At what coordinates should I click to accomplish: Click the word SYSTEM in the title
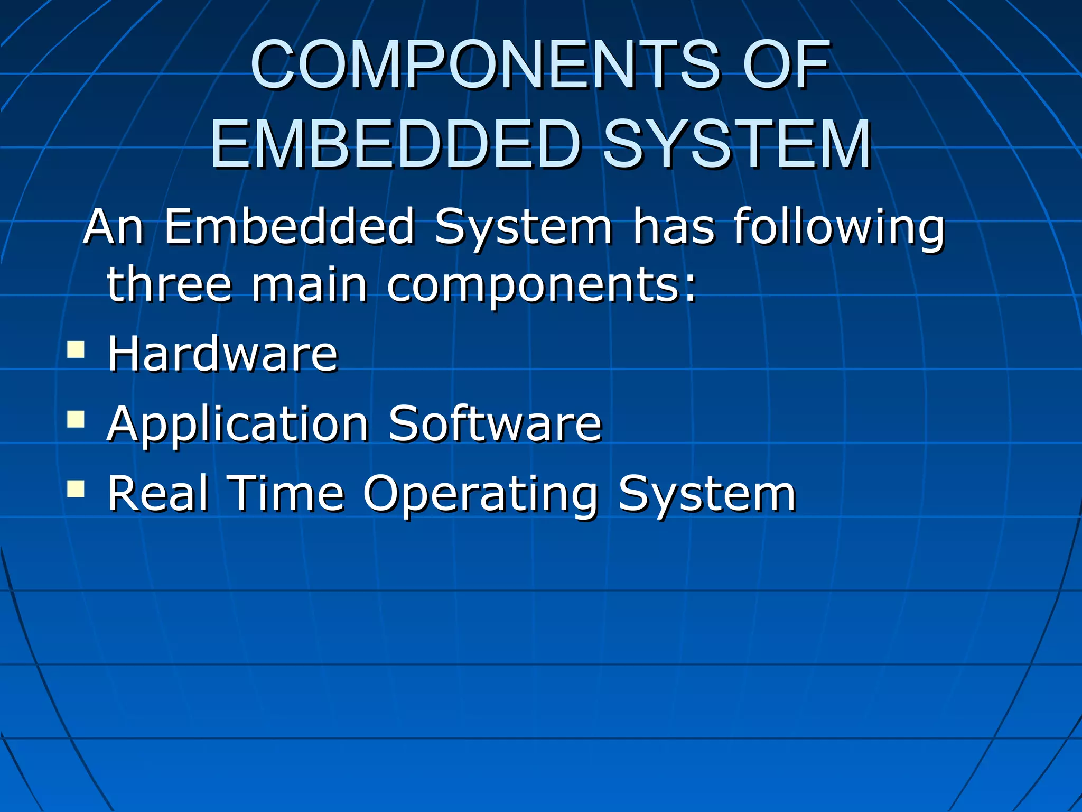pos(737,144)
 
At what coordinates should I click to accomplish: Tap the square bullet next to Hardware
pos(76,349)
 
